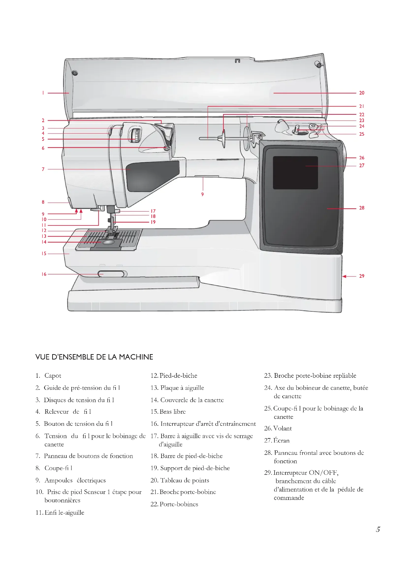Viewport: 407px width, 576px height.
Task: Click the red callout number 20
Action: click(361, 93)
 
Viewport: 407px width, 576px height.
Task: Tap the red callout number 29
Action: click(361, 276)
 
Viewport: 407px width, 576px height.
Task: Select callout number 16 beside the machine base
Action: click(44, 274)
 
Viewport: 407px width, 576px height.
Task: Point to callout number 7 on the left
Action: click(43, 169)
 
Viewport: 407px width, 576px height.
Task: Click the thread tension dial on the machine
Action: click(135, 135)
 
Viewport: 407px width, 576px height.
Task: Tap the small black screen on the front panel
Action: click(295, 173)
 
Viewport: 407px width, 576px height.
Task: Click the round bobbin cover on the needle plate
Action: click(108, 242)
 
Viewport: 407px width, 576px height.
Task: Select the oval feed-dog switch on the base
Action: click(111, 274)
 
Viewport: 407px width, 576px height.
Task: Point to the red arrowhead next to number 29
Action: click(344, 276)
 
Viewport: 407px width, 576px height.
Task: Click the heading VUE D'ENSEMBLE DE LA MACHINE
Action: click(94, 357)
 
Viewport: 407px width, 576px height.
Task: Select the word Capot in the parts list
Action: click(53, 376)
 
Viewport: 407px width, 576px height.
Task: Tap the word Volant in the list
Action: click(282, 428)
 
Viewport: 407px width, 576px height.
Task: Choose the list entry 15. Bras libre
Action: click(168, 411)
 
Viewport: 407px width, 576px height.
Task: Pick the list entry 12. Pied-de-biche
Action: click(174, 376)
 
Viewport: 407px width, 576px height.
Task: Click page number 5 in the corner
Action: click(378, 529)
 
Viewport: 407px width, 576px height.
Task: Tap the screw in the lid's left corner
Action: click(74, 73)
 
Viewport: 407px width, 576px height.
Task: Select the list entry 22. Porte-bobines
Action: click(174, 504)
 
